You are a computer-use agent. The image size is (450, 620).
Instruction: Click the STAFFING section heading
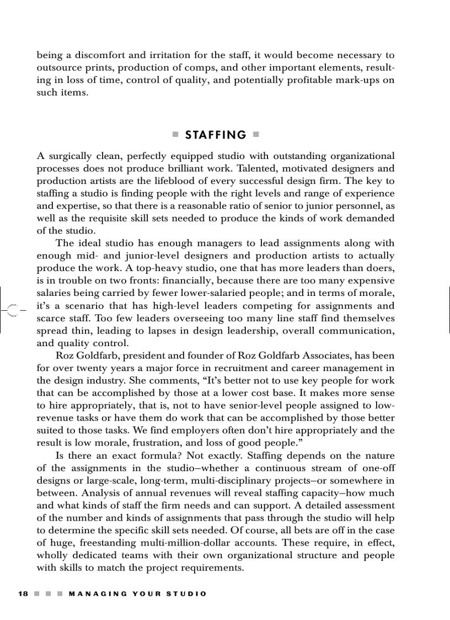tap(216, 135)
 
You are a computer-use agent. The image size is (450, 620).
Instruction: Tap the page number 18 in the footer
tap(23, 593)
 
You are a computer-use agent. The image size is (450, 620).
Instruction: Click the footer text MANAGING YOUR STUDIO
tap(138, 593)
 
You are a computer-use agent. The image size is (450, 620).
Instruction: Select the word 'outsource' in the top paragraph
tap(58, 68)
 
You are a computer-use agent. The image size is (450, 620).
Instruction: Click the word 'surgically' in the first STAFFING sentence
tap(75, 156)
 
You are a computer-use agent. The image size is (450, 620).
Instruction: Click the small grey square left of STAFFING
tap(175, 135)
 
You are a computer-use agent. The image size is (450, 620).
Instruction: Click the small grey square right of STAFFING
tap(256, 135)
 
